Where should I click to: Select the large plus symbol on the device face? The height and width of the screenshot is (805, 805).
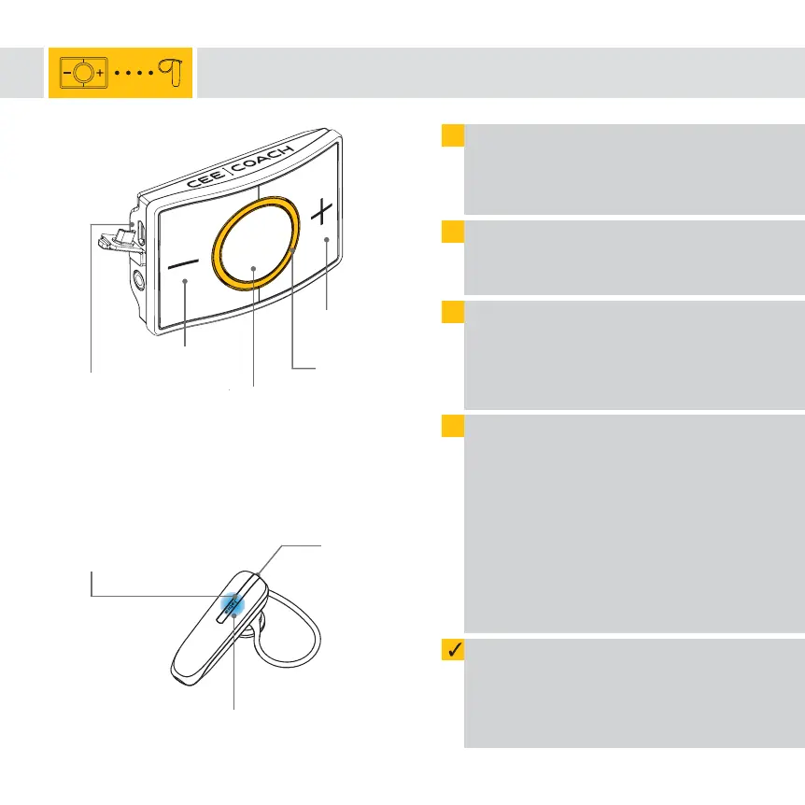pos(321,214)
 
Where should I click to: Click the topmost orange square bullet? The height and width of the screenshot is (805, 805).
pos(453,135)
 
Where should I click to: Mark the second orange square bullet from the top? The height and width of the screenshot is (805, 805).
pos(453,233)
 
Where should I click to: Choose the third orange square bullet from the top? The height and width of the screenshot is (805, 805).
pos(453,313)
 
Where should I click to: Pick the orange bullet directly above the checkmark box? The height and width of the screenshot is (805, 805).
pos(453,427)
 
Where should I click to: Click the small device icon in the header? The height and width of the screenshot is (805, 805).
pos(83,72)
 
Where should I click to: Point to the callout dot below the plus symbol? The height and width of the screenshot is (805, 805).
pos(327,241)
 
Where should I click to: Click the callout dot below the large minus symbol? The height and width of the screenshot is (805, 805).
pos(185,280)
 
